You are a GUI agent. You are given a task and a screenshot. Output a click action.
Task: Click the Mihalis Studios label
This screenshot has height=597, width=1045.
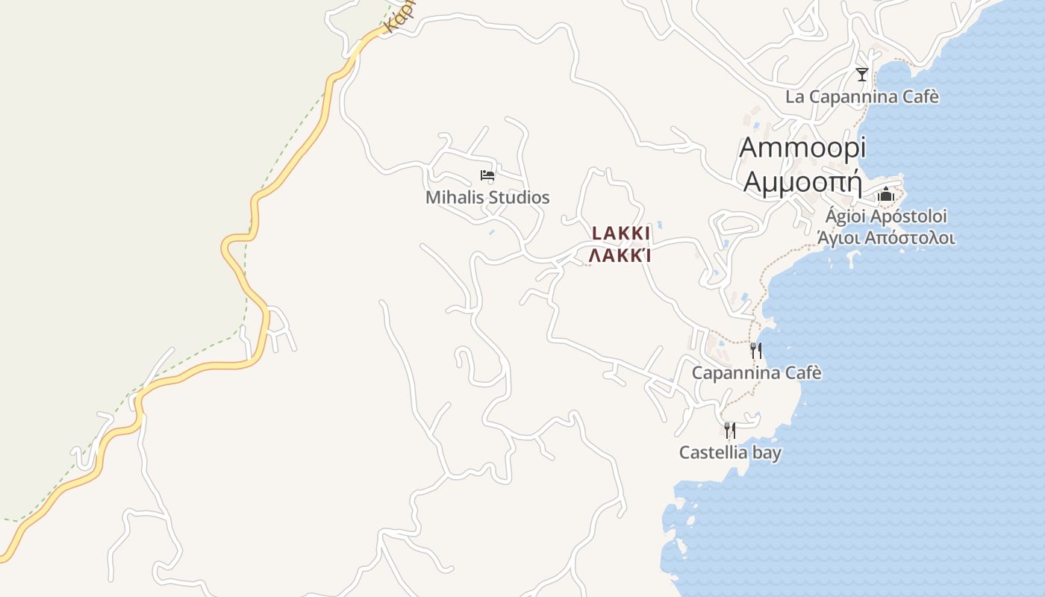point(487,198)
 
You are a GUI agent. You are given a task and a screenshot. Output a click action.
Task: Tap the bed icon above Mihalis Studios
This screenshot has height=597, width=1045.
point(487,176)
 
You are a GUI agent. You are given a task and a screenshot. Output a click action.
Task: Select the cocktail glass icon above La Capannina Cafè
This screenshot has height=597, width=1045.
point(862,75)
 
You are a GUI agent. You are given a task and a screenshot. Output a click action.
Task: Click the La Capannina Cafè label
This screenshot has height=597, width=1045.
point(862,97)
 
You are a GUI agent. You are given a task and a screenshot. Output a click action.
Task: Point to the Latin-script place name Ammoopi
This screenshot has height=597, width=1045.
point(802,148)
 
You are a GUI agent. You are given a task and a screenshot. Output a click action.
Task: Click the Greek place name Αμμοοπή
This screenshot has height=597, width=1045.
point(802,181)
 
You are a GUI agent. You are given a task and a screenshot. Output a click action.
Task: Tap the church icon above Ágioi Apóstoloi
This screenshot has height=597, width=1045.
point(886,195)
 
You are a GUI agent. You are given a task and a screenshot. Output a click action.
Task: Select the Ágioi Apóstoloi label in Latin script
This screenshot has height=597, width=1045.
point(886,216)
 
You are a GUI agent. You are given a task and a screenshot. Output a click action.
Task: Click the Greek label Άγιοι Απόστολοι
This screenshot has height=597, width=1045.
point(886,239)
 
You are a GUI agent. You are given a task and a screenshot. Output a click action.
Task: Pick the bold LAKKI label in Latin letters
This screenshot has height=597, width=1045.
point(621,234)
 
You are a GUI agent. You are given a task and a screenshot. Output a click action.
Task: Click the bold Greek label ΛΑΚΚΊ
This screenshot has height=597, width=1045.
point(620,256)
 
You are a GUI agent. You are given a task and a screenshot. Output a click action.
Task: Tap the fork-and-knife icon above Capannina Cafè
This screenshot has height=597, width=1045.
point(756,351)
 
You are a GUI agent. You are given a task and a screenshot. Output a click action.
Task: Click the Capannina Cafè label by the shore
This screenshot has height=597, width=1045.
point(756,372)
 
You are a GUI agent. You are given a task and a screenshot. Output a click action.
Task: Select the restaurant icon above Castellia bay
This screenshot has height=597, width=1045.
point(730,431)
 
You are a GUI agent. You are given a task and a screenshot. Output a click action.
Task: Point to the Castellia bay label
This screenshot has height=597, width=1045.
point(730,452)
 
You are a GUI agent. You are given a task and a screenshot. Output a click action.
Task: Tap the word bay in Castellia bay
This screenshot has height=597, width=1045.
point(766,453)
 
